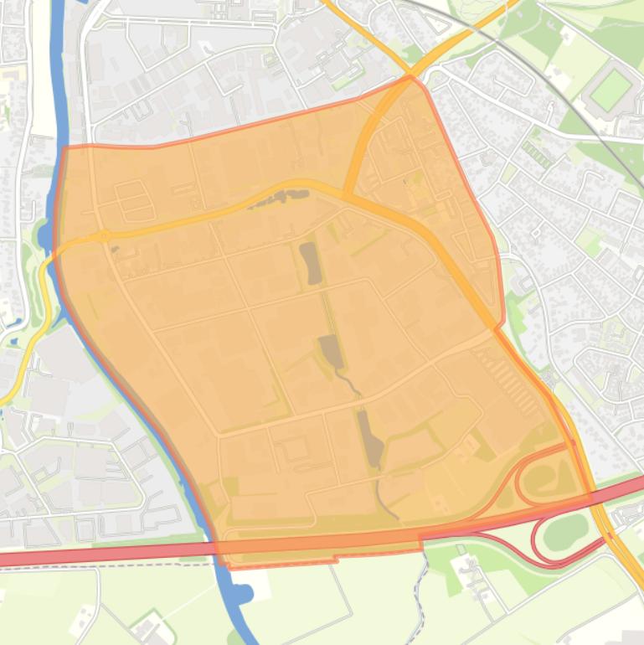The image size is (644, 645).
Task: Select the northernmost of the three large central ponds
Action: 311,263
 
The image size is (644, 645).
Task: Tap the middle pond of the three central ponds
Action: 330,351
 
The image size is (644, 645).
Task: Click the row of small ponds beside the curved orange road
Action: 276,199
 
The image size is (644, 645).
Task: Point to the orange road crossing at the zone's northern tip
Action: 410,80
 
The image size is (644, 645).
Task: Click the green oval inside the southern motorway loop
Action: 566,531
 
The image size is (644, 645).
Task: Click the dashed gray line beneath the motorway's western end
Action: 100,566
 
